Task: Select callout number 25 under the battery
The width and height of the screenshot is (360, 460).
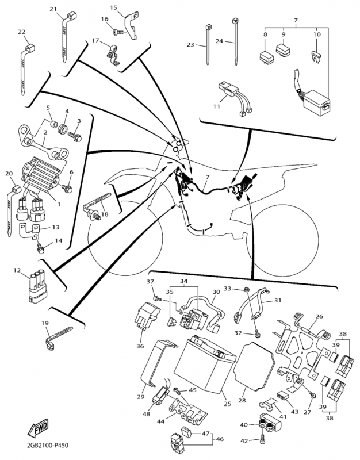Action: [x=227, y=404]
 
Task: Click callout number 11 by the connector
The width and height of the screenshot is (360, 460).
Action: [x=216, y=106]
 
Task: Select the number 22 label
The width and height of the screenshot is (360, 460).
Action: [x=22, y=32]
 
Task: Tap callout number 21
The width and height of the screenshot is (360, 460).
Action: [x=53, y=9]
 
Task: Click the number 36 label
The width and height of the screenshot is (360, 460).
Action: [x=140, y=346]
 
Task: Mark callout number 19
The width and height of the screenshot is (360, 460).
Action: [x=45, y=324]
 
